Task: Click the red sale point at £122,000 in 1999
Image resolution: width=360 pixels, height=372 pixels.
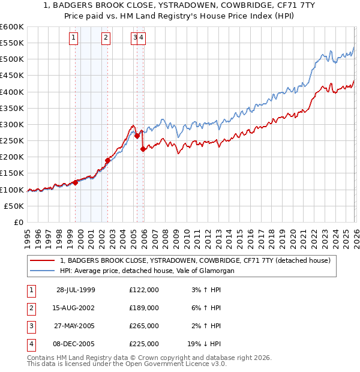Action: coord(76,182)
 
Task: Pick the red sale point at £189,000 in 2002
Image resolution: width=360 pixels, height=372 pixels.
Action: coord(108,160)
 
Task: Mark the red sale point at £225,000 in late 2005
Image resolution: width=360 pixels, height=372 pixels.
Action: coord(143,149)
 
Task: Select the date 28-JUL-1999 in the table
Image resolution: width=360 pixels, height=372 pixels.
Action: coord(76,290)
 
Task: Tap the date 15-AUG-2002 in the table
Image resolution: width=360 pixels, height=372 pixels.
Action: coord(76,308)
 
